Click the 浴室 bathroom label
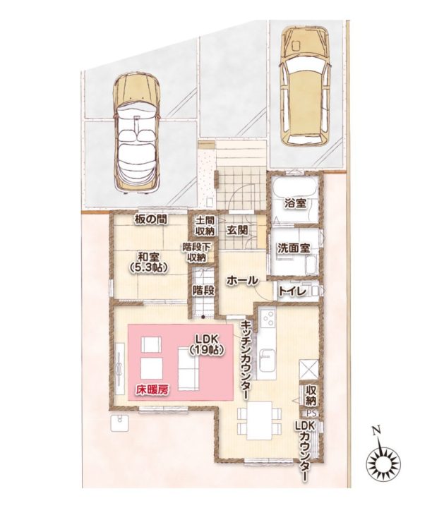coord(295,203)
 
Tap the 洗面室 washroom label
coord(294,248)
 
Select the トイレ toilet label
coord(293,291)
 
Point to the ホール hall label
coord(242,280)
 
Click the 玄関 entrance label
coord(237,230)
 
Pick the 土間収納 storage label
coord(205,226)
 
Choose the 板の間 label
coord(150,220)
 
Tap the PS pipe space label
coord(311,413)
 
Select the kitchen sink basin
coord(268,360)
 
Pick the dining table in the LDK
coord(259,421)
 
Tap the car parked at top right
coord(305,85)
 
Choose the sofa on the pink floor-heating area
coord(188,369)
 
